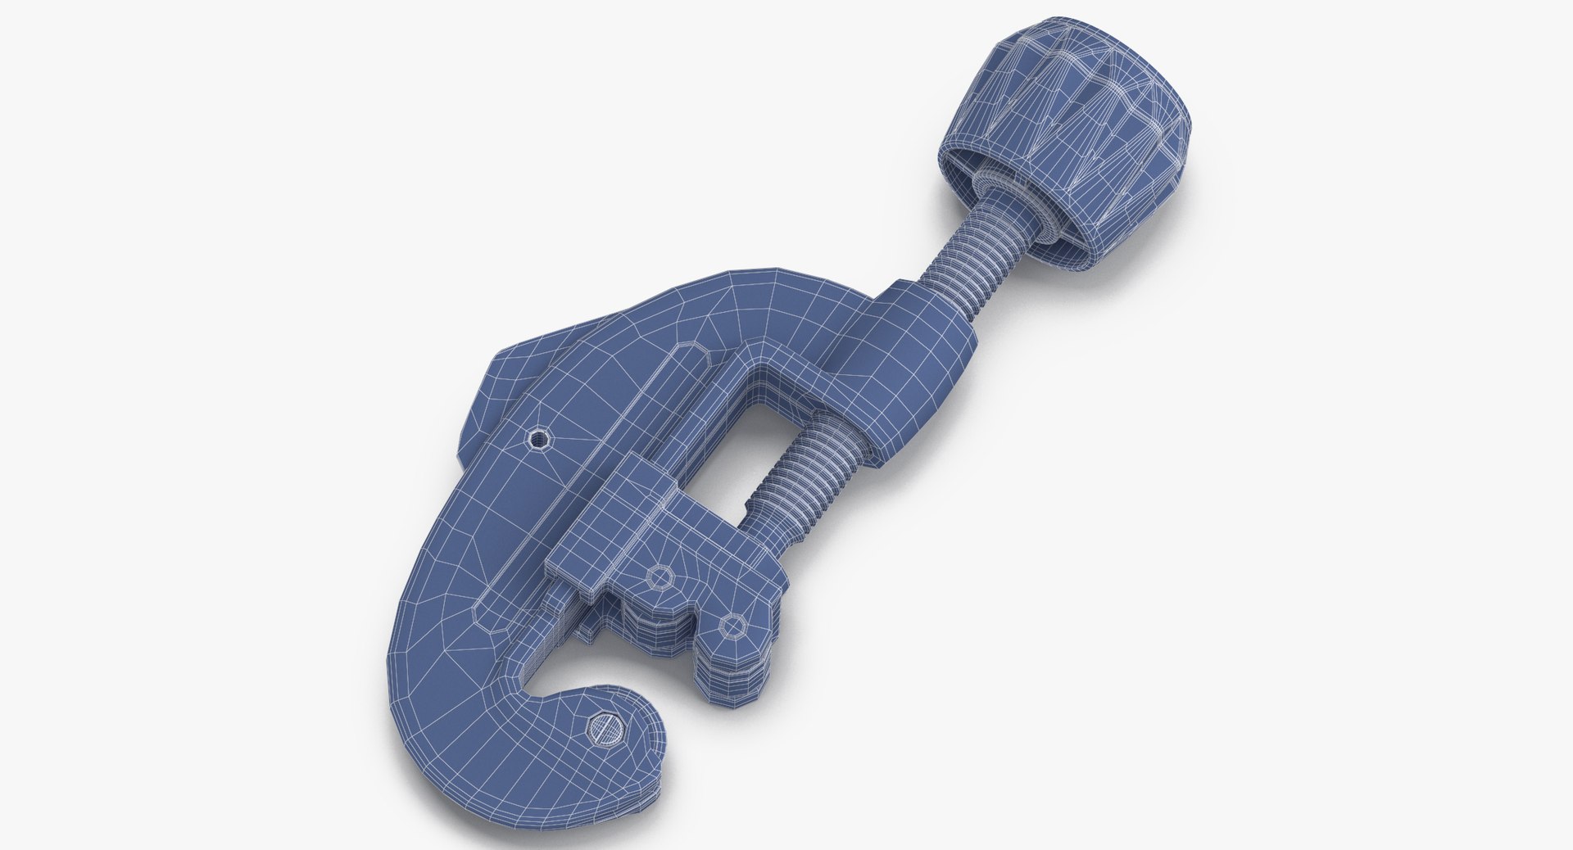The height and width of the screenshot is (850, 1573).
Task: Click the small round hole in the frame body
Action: click(x=539, y=441)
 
